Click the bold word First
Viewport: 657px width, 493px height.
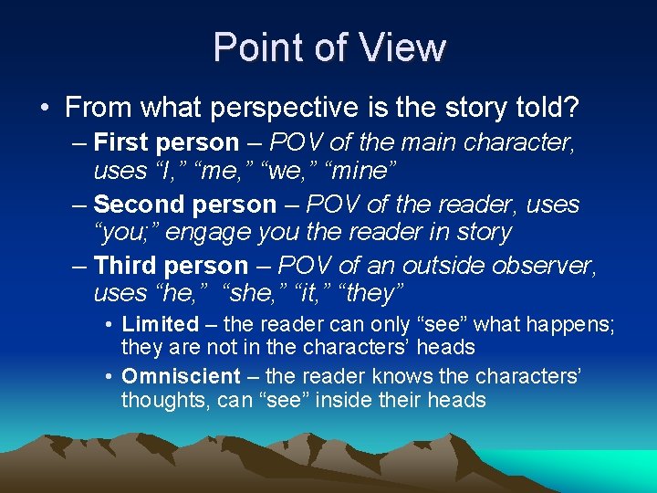point(121,143)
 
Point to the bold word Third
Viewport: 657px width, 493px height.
point(126,266)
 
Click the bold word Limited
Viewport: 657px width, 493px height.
point(160,324)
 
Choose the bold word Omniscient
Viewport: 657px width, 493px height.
point(181,376)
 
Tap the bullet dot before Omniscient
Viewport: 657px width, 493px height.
point(108,376)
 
